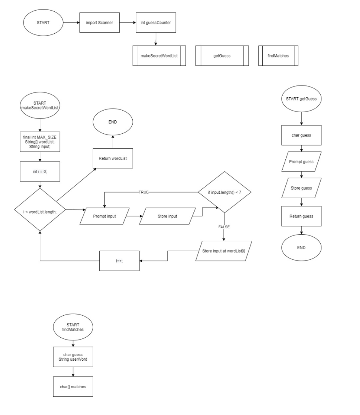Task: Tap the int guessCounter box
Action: click(x=156, y=22)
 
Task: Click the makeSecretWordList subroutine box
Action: click(x=159, y=55)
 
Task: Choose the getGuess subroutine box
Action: click(x=222, y=55)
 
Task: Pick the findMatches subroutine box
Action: click(x=278, y=55)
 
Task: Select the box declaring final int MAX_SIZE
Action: click(x=40, y=142)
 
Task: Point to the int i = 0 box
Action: click(x=40, y=172)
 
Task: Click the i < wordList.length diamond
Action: click(x=40, y=210)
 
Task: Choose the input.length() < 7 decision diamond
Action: click(x=224, y=192)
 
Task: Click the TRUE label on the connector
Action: click(x=144, y=192)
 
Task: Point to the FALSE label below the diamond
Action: click(x=224, y=227)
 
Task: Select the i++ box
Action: click(x=120, y=261)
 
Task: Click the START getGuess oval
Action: click(x=301, y=99)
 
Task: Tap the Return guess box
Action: click(x=301, y=216)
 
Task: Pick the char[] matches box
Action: click(x=73, y=386)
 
